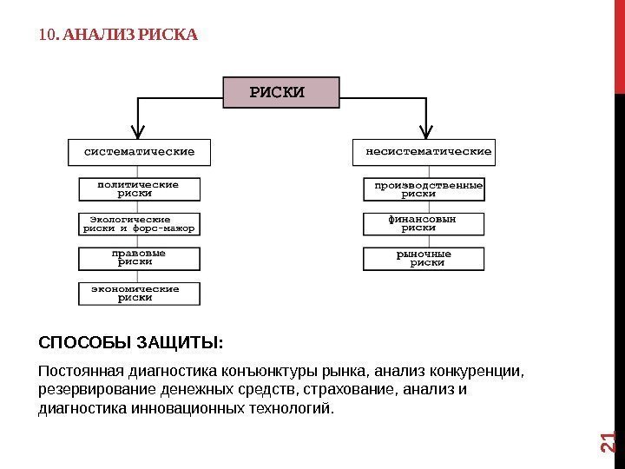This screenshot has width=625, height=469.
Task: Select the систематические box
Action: [x=139, y=152]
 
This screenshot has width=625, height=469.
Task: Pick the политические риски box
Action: [x=139, y=189]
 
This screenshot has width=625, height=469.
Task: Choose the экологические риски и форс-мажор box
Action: [x=139, y=224]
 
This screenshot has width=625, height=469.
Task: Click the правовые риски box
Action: [x=139, y=258]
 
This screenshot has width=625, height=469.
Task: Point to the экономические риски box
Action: [x=139, y=293]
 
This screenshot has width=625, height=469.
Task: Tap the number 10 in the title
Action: [x=48, y=36]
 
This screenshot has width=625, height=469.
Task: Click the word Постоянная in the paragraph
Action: [x=79, y=373]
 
